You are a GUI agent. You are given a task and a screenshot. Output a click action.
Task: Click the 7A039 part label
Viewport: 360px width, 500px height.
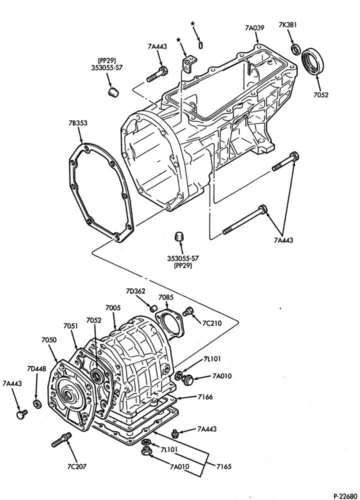click(254, 27)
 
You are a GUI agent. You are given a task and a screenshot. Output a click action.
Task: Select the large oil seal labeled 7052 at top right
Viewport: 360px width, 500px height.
click(313, 61)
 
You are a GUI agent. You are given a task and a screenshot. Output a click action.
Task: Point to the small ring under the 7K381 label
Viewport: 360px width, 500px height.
click(296, 49)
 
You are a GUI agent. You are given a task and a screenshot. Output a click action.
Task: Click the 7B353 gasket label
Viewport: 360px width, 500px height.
click(77, 123)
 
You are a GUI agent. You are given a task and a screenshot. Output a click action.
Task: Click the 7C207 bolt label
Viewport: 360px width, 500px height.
click(77, 466)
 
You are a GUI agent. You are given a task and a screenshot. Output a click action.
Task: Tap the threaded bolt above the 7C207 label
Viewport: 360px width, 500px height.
click(61, 439)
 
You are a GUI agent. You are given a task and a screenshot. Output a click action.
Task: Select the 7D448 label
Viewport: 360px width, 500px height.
click(36, 369)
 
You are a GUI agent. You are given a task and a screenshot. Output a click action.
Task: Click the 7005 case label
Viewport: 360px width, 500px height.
click(113, 308)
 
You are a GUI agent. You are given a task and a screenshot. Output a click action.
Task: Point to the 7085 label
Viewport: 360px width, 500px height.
click(166, 297)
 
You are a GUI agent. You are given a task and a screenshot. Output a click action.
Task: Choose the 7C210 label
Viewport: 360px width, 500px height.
click(211, 323)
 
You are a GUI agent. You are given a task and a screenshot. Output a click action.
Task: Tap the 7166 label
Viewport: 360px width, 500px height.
click(205, 397)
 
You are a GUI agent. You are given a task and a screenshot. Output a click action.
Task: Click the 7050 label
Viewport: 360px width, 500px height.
click(49, 340)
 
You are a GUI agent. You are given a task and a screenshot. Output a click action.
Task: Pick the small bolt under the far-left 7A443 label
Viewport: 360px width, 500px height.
click(21, 414)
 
